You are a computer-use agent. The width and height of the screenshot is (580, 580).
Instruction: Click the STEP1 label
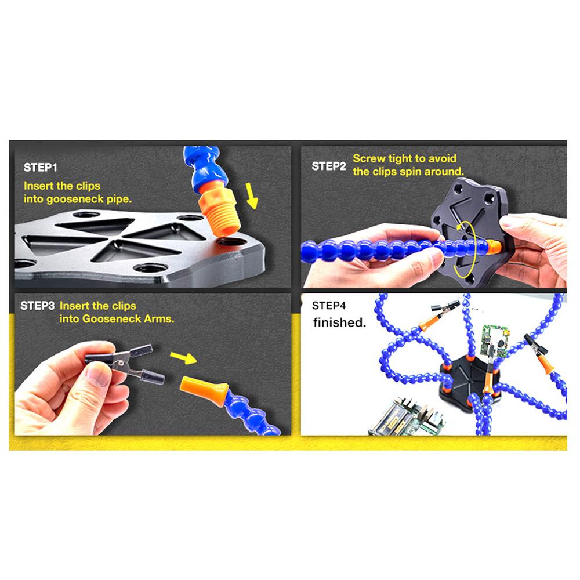(x=41, y=168)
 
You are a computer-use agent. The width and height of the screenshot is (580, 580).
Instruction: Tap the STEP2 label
(x=328, y=166)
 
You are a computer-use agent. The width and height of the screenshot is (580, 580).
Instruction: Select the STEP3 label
(x=37, y=306)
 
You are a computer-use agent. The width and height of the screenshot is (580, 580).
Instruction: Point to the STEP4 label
(x=328, y=306)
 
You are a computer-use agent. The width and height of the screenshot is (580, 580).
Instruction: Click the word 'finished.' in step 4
(x=339, y=322)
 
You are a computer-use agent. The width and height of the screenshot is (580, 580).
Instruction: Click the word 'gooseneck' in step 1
(x=75, y=199)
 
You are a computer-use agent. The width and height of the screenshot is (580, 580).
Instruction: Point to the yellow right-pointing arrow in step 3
(x=183, y=358)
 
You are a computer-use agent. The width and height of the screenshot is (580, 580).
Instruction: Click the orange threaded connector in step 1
(x=220, y=211)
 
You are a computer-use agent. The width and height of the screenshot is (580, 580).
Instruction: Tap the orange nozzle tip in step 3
(x=204, y=390)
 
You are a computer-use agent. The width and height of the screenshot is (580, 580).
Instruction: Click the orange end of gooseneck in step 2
(x=494, y=246)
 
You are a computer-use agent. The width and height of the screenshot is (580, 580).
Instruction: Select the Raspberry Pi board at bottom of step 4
(x=408, y=417)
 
